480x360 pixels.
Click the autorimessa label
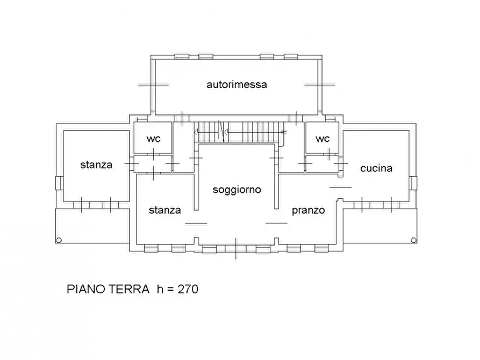tap(237, 84)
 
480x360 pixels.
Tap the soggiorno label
tap(237, 190)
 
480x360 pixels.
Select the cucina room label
tap(376, 168)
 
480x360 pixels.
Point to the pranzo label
tap(308, 210)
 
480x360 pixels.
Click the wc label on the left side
tap(153, 139)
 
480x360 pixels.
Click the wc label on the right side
tap(323, 139)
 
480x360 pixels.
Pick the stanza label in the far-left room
tap(96, 164)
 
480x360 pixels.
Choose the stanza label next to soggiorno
tap(164, 210)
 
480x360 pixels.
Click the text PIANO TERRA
tap(108, 289)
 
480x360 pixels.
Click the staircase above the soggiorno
tap(239, 131)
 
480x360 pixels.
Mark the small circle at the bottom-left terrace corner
tap(59, 240)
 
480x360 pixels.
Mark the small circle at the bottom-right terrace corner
tap(413, 240)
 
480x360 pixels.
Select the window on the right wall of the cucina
tap(414, 183)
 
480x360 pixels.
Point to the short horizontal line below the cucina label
tap(340, 187)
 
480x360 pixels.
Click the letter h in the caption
tap(160, 289)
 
